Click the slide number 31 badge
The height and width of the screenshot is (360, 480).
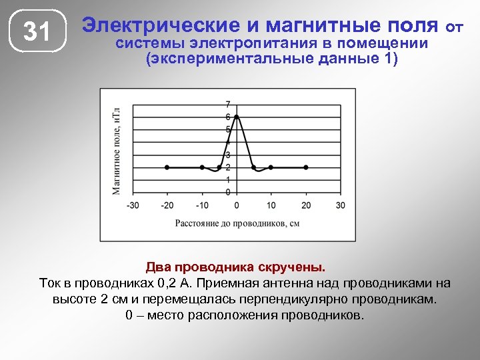38,31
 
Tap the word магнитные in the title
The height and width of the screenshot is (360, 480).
312,25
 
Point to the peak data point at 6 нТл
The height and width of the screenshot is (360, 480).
237,117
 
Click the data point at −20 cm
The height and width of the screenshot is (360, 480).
167,167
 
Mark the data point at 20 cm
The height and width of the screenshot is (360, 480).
306,167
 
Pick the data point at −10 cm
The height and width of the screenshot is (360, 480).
202,167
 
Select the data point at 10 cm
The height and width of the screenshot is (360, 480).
271,167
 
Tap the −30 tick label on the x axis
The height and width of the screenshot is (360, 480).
133,205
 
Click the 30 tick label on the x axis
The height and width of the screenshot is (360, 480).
341,205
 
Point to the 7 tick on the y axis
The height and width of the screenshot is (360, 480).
228,104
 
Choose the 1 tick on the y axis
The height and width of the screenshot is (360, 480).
228,180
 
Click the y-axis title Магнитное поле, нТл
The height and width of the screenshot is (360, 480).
116,151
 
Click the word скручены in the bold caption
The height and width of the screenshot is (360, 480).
291,267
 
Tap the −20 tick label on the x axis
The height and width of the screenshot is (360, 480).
167,205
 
